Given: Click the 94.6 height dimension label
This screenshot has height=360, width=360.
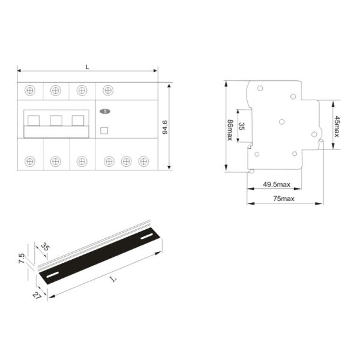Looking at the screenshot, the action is (x=165, y=127).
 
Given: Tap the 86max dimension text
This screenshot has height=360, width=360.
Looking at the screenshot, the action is (x=230, y=130).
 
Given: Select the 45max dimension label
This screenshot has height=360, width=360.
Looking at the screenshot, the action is (x=337, y=127).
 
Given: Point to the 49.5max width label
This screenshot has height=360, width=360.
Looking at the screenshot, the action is (x=277, y=184).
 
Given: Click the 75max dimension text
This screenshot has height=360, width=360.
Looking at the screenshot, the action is (x=284, y=199).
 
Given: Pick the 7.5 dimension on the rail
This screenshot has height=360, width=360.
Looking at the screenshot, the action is (x=22, y=258).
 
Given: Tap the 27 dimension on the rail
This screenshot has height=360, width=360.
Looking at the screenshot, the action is (x=37, y=295).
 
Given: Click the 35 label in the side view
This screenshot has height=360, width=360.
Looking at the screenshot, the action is (x=242, y=126).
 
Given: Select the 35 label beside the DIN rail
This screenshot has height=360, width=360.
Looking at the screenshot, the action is (x=45, y=247).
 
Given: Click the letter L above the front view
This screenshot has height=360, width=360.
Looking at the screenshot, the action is (x=87, y=67).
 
